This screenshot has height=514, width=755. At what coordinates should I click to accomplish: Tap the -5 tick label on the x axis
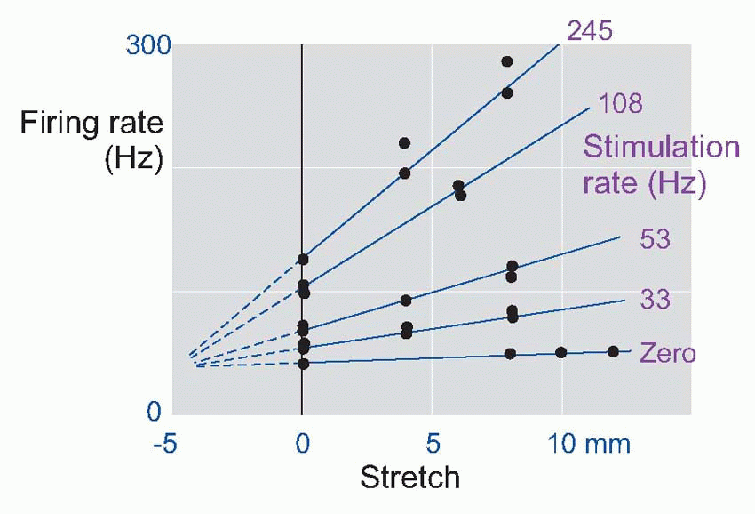(x=164, y=444)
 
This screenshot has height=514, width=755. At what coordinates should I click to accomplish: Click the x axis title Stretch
(x=409, y=478)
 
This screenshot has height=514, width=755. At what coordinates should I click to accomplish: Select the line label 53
(x=655, y=239)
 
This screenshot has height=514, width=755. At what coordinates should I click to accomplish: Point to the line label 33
(x=655, y=299)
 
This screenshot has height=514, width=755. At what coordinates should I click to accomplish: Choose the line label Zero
(x=667, y=353)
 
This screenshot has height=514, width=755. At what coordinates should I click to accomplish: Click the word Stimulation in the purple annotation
(x=661, y=147)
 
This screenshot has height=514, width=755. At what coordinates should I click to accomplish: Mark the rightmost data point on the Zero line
(x=613, y=351)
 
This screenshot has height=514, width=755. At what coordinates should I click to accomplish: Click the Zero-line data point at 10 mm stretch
(x=560, y=352)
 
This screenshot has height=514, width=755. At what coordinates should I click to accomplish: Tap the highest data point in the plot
(x=506, y=61)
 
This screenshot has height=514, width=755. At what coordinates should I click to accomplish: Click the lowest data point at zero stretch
(x=303, y=364)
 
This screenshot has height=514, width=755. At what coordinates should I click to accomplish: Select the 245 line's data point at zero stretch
(x=303, y=260)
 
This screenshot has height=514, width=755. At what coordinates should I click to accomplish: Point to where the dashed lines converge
(x=191, y=361)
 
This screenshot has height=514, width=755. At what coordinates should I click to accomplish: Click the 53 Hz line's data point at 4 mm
(x=406, y=301)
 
